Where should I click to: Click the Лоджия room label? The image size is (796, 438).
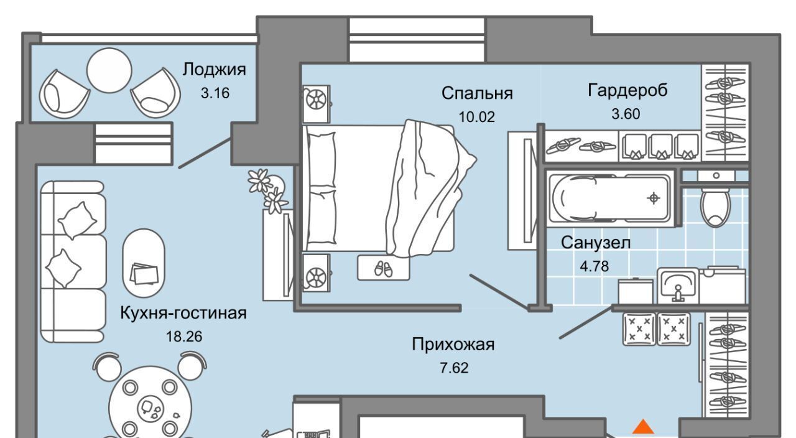click(x=214, y=70)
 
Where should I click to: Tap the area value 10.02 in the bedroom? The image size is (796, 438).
click(x=477, y=116)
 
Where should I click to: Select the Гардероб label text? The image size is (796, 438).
click(x=627, y=91)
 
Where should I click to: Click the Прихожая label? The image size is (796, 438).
click(x=453, y=344)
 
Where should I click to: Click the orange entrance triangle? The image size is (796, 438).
click(x=644, y=427)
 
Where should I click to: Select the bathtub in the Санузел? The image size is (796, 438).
click(x=610, y=198)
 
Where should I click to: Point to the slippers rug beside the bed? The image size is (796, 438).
click(x=383, y=268)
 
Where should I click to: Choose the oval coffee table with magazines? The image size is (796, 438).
click(x=144, y=264)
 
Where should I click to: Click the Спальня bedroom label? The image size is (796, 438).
click(x=477, y=93)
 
